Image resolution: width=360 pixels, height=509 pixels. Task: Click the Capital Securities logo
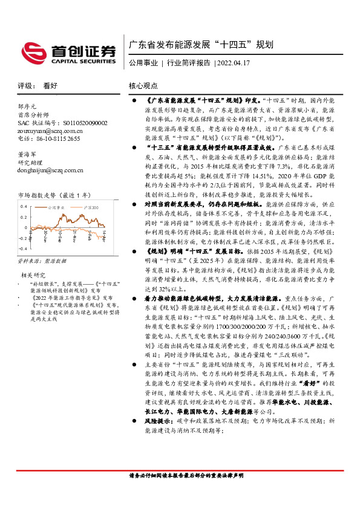[x=68, y=52]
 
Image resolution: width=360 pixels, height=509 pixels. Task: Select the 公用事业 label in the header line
[x=145, y=63]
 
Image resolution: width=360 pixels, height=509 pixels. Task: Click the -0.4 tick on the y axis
[x=22, y=248]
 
